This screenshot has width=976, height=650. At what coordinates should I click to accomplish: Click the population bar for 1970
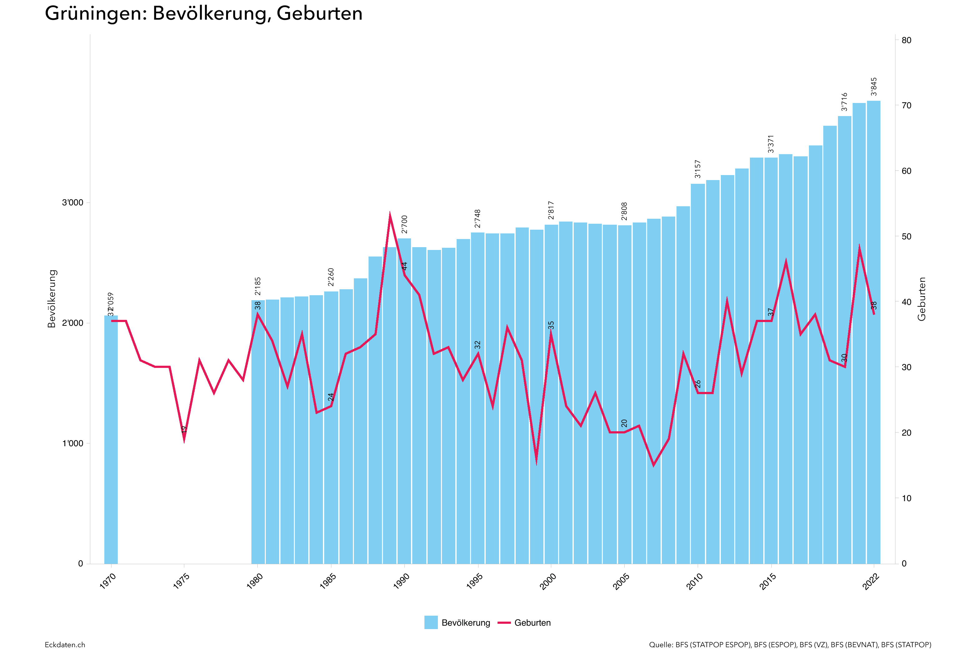tap(111, 439)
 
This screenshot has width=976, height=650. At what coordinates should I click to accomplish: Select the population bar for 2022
tap(873, 332)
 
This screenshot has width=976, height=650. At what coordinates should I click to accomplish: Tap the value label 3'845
tap(874, 87)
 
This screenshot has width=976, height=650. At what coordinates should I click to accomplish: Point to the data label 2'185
tap(258, 286)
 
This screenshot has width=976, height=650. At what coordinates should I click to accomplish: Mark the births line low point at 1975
tap(184, 440)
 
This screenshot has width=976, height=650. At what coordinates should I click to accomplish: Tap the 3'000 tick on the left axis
tap(72, 203)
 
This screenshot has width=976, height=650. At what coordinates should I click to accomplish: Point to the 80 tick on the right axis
tap(906, 40)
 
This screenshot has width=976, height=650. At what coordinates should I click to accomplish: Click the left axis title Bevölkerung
tap(52, 298)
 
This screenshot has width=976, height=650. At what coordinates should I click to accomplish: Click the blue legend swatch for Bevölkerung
tap(431, 622)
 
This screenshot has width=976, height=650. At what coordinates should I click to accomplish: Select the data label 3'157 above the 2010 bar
tap(698, 169)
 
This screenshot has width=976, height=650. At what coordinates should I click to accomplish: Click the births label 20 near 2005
tap(624, 423)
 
